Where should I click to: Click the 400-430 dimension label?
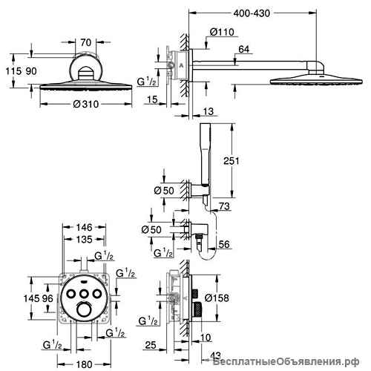pyautogui.click(x=252, y=13)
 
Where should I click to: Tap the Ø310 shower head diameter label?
pyautogui.click(x=86, y=104)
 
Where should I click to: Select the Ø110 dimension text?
pyautogui.click(x=222, y=32)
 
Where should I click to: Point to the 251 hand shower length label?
pyautogui.click(x=232, y=161)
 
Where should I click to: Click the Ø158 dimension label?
pyautogui.click(x=217, y=298)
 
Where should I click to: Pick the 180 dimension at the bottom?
pyautogui.click(x=85, y=364)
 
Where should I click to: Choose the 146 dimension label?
pyautogui.click(x=85, y=227)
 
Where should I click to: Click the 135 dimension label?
pyautogui.click(x=85, y=239)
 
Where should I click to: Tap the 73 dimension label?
pyautogui.click(x=224, y=206)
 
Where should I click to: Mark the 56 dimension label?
pyautogui.click(x=224, y=244)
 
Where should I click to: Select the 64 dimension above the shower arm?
pyautogui.click(x=244, y=49)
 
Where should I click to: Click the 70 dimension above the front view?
pyautogui.click(x=86, y=42)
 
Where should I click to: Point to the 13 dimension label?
pyautogui.click(x=209, y=111)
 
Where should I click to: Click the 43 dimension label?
pyautogui.click(x=215, y=355)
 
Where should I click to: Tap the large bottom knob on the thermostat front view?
pyautogui.click(x=85, y=309)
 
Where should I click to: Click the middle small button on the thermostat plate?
pyautogui.click(x=85, y=294)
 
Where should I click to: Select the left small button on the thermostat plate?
pyautogui.click(x=71, y=294)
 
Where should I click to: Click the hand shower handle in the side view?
pyautogui.click(x=206, y=154)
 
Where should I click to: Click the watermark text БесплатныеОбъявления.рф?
pyautogui.click(x=286, y=363)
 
